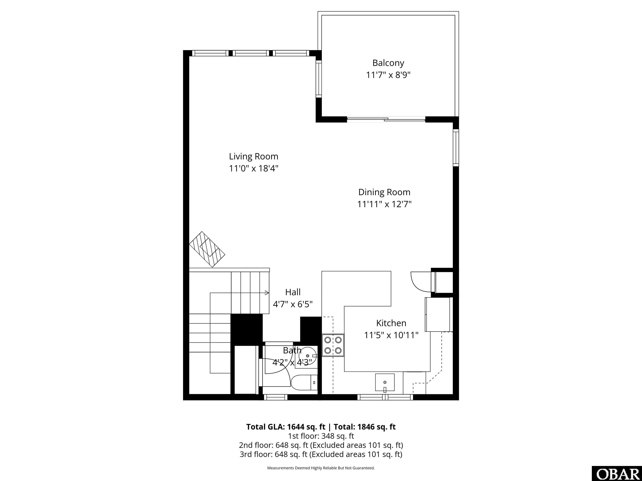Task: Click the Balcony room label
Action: click(388, 63)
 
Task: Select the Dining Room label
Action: click(384, 192)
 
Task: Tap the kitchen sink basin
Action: click(385, 382)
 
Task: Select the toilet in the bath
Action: click(303, 382)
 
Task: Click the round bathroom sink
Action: click(307, 356)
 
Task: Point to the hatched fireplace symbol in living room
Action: click(207, 249)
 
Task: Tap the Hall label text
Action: click(293, 292)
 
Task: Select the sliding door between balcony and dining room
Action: click(386, 119)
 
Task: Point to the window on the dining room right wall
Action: click(456, 148)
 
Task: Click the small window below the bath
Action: click(275, 397)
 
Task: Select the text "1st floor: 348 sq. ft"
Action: click(321, 436)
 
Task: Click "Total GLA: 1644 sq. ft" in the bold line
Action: click(286, 427)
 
